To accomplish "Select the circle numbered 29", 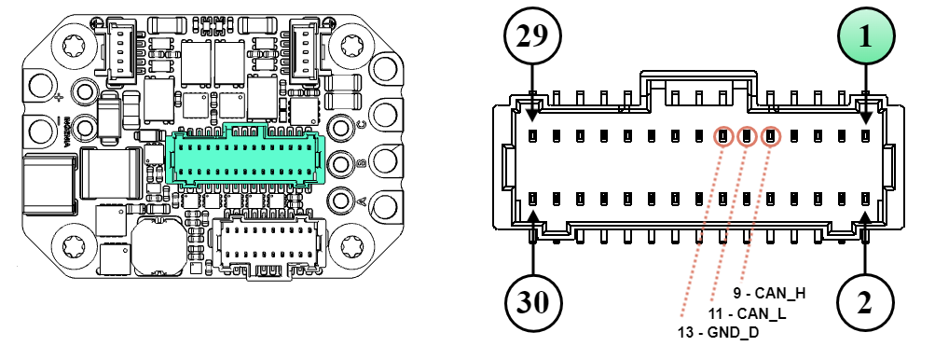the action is (x=532, y=37).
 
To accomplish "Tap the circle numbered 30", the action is (x=532, y=302).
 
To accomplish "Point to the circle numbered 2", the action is (x=865, y=302).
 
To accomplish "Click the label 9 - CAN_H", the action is (x=769, y=293).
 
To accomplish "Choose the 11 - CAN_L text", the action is (x=747, y=313).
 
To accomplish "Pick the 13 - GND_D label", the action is (x=719, y=333).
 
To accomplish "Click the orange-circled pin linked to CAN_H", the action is (x=770, y=137).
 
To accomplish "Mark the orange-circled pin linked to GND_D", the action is (x=722, y=137).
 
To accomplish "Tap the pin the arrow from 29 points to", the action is (x=532, y=136).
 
